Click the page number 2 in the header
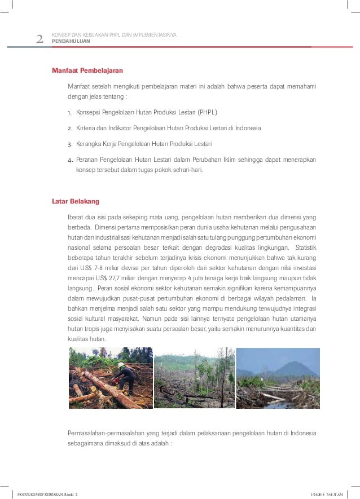click(x=39, y=39)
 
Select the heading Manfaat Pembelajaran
click(x=87, y=70)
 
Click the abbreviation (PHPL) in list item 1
click(x=207, y=112)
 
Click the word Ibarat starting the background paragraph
click(x=76, y=218)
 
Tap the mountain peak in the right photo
click(x=288, y=364)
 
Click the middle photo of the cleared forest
click(x=194, y=378)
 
